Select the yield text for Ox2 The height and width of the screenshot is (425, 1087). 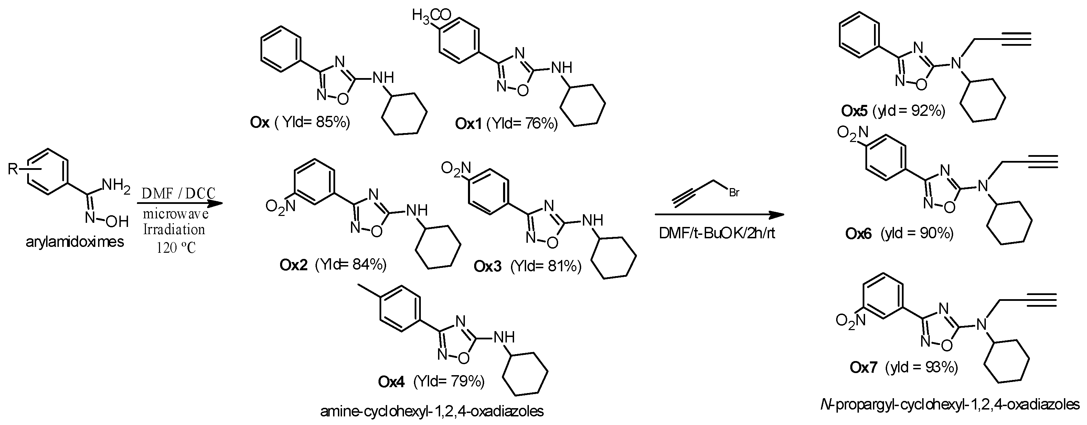click(x=351, y=265)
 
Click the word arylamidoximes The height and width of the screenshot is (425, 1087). click(x=75, y=242)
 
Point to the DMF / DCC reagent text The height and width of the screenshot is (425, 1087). click(x=178, y=194)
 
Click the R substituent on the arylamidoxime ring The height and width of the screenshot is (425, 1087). click(x=13, y=170)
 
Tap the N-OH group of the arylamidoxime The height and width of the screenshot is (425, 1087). click(x=107, y=220)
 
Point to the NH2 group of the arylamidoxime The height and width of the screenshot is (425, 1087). click(x=116, y=185)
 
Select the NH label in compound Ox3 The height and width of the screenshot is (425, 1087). click(x=592, y=220)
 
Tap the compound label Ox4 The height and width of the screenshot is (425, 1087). click(x=391, y=382)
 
